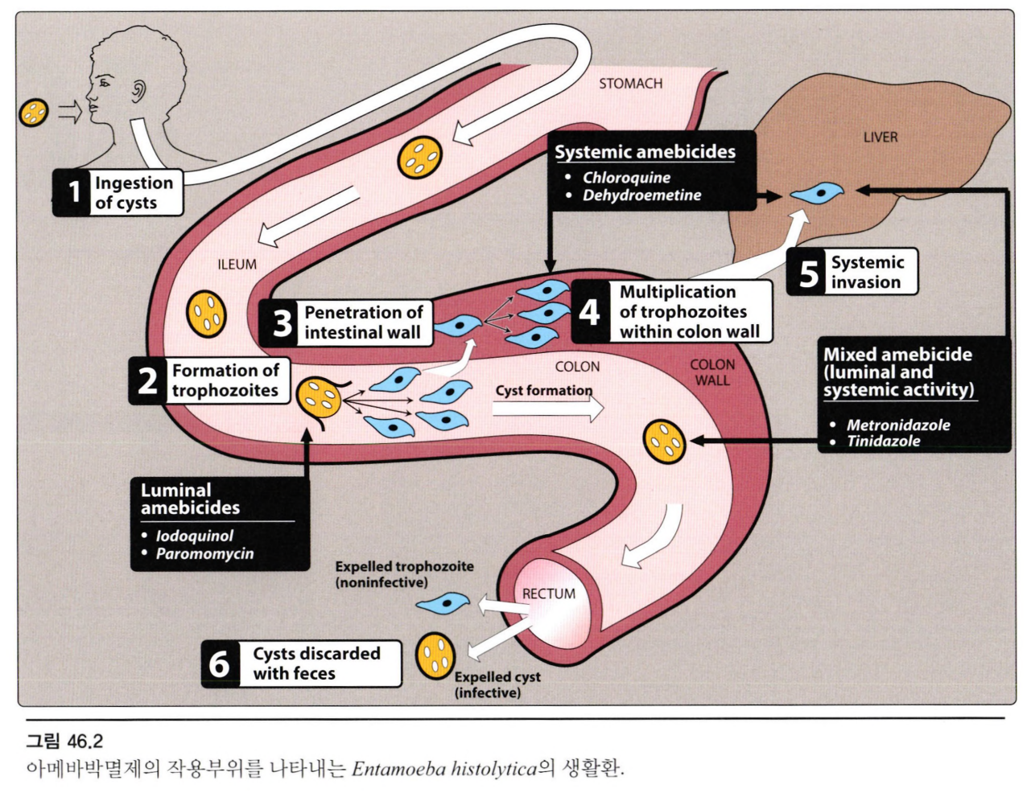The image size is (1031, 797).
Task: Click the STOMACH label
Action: (x=630, y=84)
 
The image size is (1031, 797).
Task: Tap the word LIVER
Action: (x=880, y=138)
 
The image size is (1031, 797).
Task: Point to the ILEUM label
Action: (x=237, y=265)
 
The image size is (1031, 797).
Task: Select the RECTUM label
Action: (x=548, y=594)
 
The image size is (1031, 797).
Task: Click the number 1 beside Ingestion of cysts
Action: (x=74, y=192)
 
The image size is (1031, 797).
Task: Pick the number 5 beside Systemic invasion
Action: (x=808, y=273)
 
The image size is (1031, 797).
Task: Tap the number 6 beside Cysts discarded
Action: (x=219, y=664)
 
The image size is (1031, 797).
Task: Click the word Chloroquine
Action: (x=626, y=178)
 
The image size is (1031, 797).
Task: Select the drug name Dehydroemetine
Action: (x=641, y=195)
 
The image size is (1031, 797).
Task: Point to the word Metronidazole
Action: (x=897, y=425)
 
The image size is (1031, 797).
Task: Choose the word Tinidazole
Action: (x=883, y=442)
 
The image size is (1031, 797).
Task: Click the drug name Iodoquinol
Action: (x=194, y=536)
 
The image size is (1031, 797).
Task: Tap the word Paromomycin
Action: (x=204, y=554)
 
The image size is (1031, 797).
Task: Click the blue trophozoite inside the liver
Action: (x=817, y=194)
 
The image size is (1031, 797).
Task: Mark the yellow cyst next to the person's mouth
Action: (x=34, y=112)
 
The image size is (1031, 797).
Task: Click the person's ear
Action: (x=139, y=91)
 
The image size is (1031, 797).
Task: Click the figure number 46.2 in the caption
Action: (x=85, y=741)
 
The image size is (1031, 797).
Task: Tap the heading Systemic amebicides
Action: (x=645, y=152)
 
